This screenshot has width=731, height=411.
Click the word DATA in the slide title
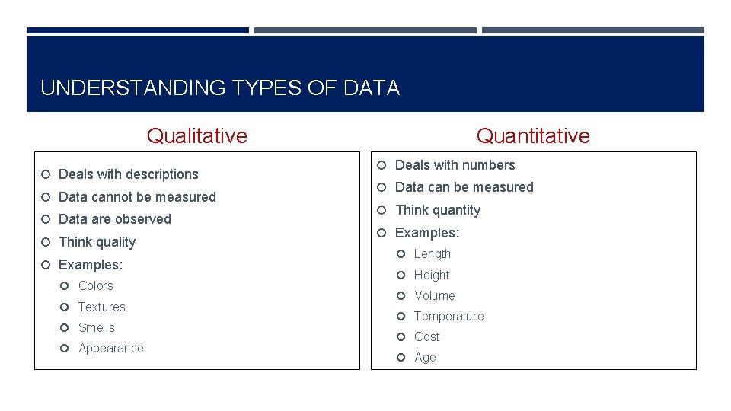click(x=372, y=88)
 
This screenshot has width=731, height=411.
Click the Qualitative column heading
click(x=197, y=136)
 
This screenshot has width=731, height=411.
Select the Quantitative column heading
click(x=533, y=136)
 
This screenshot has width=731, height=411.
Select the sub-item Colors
click(x=96, y=286)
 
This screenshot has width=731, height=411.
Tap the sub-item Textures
click(x=102, y=307)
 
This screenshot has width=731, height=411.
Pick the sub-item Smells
click(x=97, y=328)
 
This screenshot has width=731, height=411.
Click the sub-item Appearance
click(x=111, y=349)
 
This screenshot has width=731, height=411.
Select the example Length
click(x=433, y=254)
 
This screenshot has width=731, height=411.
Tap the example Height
click(x=432, y=276)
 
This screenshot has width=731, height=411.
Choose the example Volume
click(x=435, y=296)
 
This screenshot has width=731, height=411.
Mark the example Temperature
click(x=449, y=317)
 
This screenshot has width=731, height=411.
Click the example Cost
click(x=427, y=337)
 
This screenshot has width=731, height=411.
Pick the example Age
click(x=426, y=358)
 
